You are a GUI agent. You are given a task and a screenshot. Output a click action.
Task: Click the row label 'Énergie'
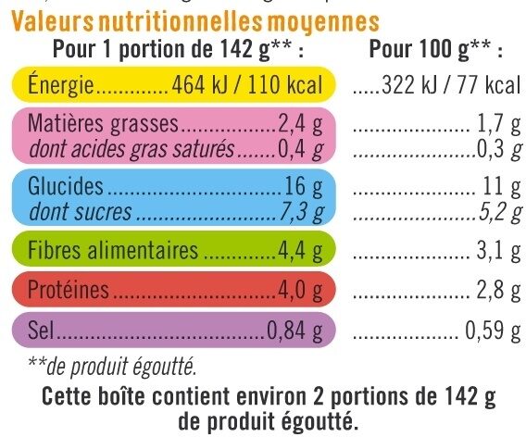pyautogui.click(x=63, y=87)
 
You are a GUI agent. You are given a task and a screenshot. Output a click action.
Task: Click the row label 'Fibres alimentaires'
pyautogui.click(x=114, y=251)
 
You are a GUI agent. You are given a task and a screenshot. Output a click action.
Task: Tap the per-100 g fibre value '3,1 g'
pyautogui.click(x=497, y=251)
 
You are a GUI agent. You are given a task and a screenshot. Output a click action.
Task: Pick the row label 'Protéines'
pyautogui.click(x=69, y=293)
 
